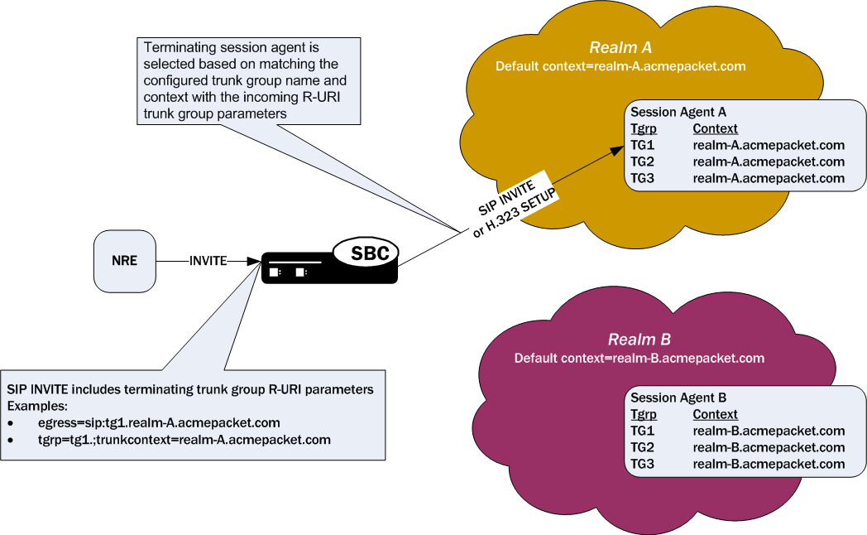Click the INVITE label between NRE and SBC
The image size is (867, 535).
[x=207, y=260]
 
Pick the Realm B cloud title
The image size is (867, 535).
[x=639, y=340]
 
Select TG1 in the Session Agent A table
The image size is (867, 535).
[x=643, y=146]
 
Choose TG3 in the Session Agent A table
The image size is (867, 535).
[x=643, y=178]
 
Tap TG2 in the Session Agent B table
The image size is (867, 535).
[x=643, y=447]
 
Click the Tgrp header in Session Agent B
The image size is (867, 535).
[x=644, y=414]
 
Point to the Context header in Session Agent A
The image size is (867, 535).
[x=715, y=128]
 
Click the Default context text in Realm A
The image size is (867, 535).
[x=620, y=66]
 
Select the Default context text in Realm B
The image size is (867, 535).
[x=639, y=359]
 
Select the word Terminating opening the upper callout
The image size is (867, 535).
[x=175, y=47]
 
